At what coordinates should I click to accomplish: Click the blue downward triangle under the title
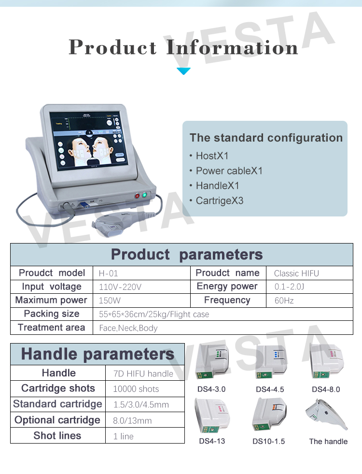pyautogui.click(x=183, y=71)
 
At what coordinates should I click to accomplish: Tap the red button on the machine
pyautogui.click(x=137, y=196)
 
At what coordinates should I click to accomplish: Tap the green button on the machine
pyautogui.click(x=145, y=195)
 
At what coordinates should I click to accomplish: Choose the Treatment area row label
pyautogui.click(x=51, y=327)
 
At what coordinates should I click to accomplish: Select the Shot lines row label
pyautogui.click(x=57, y=435)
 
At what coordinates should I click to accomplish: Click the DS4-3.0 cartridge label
pyautogui.click(x=211, y=389)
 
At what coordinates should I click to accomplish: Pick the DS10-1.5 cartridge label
pyautogui.click(x=268, y=441)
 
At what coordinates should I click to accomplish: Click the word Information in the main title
pyautogui.click(x=232, y=48)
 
